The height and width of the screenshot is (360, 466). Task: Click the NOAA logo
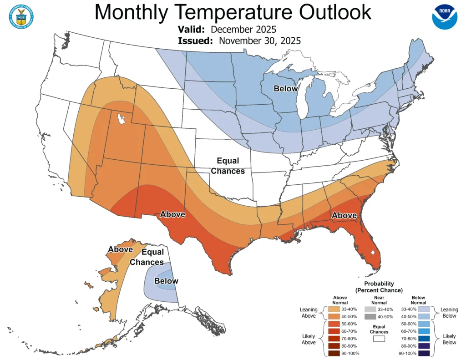tap(444, 17)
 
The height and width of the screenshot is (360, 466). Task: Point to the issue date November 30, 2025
tap(259, 41)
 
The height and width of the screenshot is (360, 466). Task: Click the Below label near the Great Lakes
tap(285, 89)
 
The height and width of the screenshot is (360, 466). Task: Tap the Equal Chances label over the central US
tap(230, 166)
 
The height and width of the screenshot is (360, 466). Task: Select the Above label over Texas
tap(173, 214)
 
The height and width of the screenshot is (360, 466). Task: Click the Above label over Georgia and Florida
tap(344, 215)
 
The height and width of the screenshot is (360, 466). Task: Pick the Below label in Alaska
tap(166, 281)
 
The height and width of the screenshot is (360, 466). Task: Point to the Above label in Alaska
tap(120, 249)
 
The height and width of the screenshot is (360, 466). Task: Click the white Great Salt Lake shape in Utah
tap(122, 120)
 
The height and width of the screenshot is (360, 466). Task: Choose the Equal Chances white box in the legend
tap(378, 339)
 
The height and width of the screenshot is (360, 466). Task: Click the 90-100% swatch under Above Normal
tap(333, 353)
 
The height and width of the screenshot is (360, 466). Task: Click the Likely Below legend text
tap(449, 339)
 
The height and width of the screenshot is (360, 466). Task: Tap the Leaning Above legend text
tap(309, 313)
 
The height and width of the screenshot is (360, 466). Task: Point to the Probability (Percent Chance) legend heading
tap(379, 287)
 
